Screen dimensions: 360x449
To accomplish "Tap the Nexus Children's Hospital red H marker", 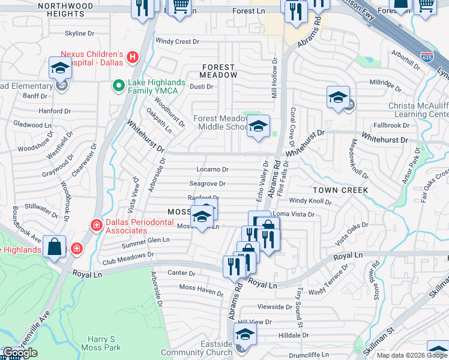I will coord(133,58).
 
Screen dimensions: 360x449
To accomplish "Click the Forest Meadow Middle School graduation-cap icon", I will coord(258,127).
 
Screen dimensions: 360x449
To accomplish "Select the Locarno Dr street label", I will coord(212,170).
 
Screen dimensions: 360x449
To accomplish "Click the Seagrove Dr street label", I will coord(207,184).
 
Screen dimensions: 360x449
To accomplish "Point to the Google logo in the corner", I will coord(20,353).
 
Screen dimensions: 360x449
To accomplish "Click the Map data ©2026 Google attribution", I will coord(412,355).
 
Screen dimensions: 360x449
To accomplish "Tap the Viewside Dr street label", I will coord(274,307).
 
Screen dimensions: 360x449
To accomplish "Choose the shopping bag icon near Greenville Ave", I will coord(54,247).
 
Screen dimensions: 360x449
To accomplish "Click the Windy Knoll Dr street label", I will coord(310,201).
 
